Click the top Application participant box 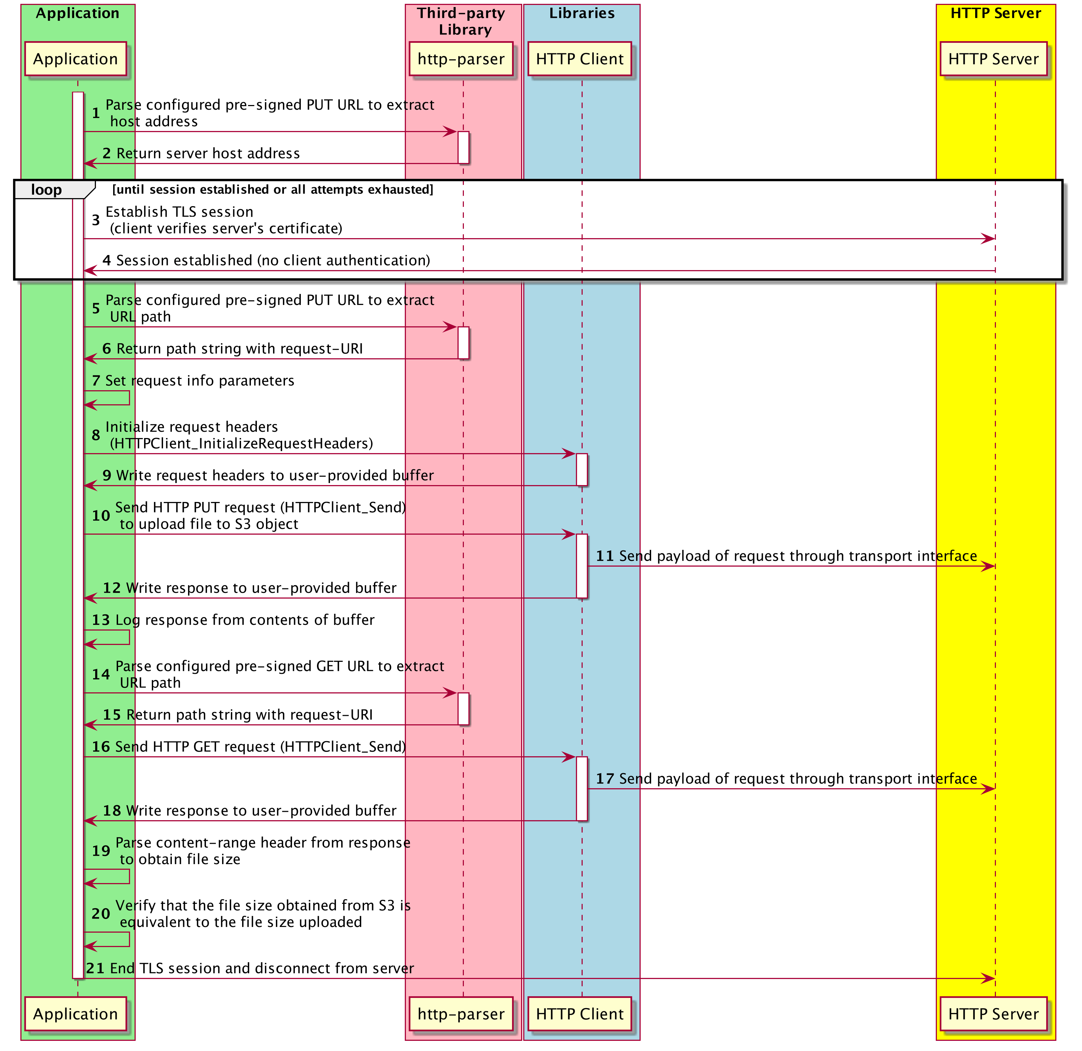click(x=76, y=59)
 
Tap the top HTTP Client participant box click(x=579, y=59)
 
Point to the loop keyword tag click(x=46, y=190)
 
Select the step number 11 click(x=605, y=556)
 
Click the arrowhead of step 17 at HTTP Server click(x=988, y=789)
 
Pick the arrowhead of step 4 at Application click(x=90, y=270)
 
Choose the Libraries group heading click(x=582, y=13)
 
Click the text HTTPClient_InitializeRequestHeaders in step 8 click(x=241, y=443)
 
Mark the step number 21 click(x=95, y=968)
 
